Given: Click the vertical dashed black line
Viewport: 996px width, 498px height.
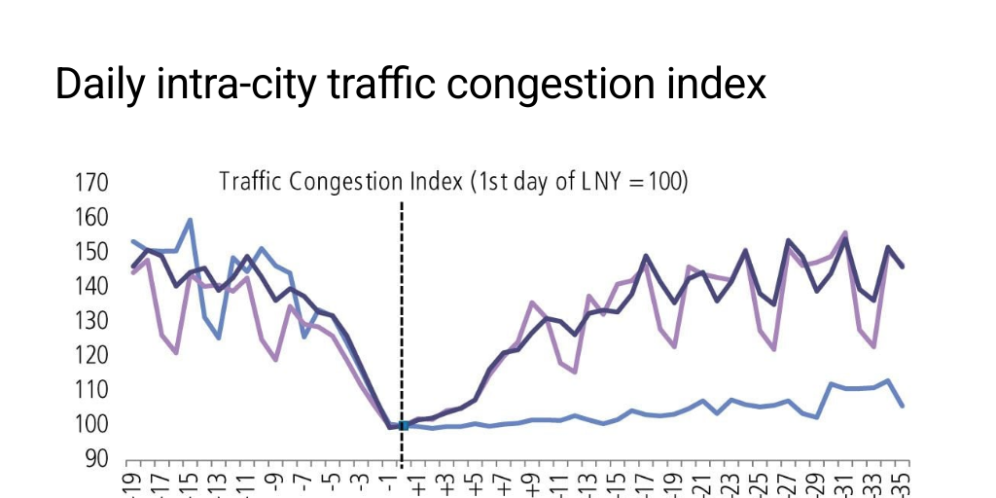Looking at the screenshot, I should [x=402, y=321].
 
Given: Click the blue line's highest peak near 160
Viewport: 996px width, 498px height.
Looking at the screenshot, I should [x=190, y=220].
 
